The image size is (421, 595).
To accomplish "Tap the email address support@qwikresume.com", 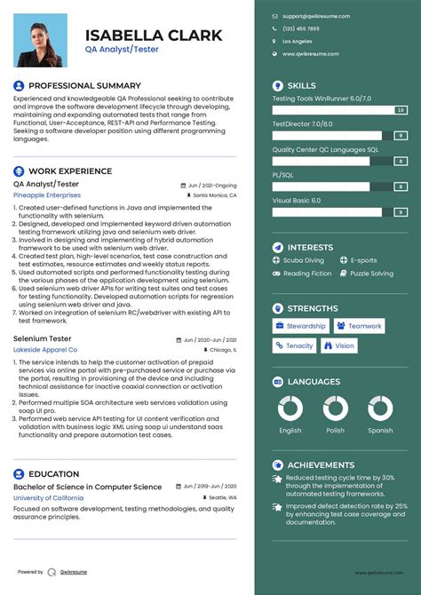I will click(x=315, y=16).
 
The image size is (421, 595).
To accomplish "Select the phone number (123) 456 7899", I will click(x=300, y=28).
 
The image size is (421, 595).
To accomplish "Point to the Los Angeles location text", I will click(x=297, y=41).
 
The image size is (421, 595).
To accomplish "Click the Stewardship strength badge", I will click(x=300, y=326).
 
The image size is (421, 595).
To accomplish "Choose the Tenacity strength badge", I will click(x=294, y=345).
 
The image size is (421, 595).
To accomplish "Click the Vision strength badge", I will click(x=339, y=345).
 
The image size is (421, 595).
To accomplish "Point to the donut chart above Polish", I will click(x=336, y=409).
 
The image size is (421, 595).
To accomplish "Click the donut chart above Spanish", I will click(x=380, y=409).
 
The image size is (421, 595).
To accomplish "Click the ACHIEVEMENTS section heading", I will click(x=321, y=464).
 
